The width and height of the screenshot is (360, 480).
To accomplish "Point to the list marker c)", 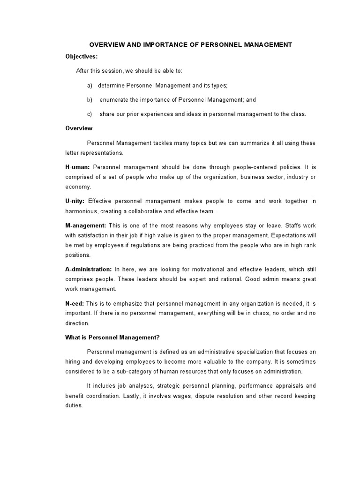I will [90, 114].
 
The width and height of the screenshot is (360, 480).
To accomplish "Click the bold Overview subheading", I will [79, 128].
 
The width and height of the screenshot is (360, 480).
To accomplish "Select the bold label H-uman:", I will [78, 167].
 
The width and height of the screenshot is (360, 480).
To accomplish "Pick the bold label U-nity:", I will [75, 201].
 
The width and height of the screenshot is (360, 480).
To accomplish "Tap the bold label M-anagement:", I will [86, 225].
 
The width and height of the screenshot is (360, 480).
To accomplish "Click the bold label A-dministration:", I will [89, 269].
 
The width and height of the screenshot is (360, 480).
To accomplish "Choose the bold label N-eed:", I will [75, 303].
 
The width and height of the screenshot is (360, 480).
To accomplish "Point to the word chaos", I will [264, 313].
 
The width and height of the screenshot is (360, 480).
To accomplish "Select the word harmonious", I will [81, 211].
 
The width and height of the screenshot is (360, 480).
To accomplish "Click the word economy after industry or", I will [77, 187].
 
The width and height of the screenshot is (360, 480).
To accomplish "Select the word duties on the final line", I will [74, 406].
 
